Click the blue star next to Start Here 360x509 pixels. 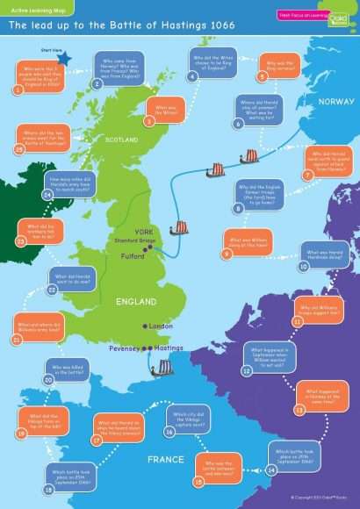[64, 57]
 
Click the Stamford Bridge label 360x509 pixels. [133, 240]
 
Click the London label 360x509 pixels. [161, 326]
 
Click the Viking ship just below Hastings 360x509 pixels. [162, 368]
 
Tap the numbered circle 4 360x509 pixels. [192, 76]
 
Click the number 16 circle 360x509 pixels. [170, 432]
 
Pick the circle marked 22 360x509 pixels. [52, 289]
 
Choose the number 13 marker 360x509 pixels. [299, 409]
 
